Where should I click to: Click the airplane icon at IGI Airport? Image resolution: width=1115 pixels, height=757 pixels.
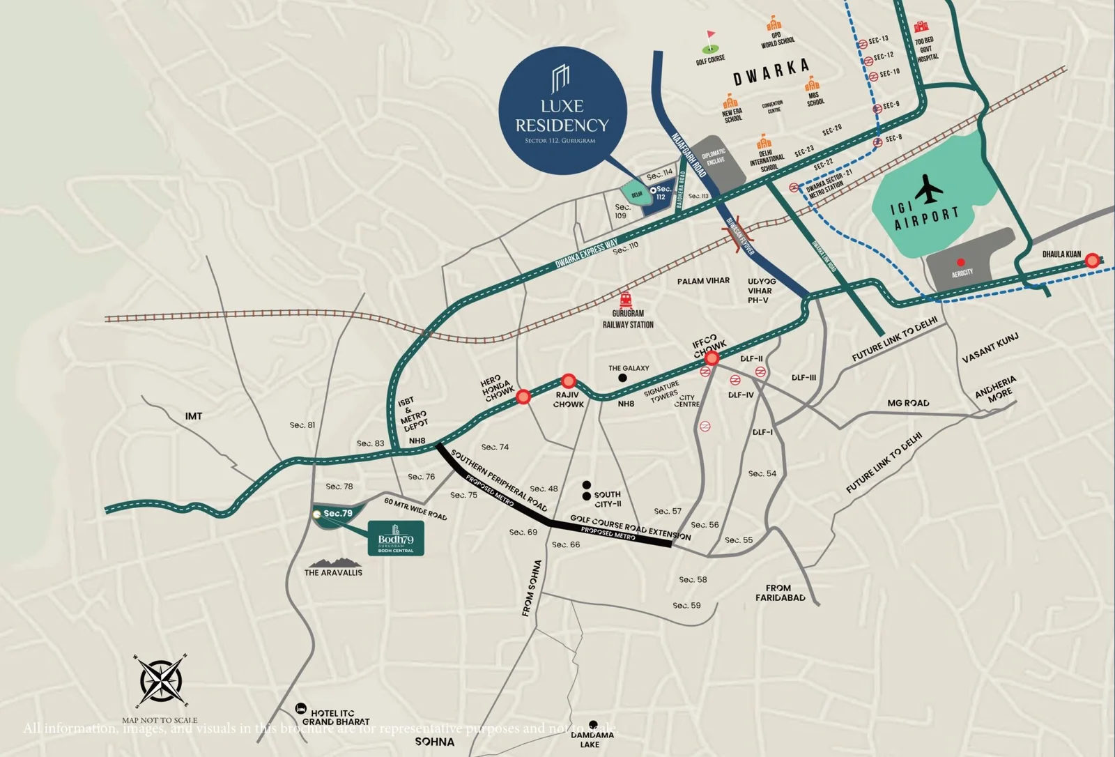click(x=929, y=189)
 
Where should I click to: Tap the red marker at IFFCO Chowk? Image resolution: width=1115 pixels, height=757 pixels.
click(x=712, y=358)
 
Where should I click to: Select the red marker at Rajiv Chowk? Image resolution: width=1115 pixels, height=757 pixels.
click(x=569, y=381)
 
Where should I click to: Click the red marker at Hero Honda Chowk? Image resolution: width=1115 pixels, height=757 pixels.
click(x=524, y=397)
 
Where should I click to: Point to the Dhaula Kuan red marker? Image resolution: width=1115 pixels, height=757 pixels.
click(x=1093, y=261)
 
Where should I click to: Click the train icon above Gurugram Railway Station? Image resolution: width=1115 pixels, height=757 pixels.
click(x=626, y=300)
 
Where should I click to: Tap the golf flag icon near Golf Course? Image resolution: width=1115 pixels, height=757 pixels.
click(x=710, y=41)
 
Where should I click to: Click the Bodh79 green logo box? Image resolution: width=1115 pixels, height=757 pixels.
click(x=395, y=538)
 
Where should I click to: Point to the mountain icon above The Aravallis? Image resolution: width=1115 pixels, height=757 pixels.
click(x=333, y=562)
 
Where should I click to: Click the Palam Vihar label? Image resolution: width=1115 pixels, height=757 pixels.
click(x=703, y=281)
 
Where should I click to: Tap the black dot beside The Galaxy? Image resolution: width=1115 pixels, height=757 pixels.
click(x=622, y=378)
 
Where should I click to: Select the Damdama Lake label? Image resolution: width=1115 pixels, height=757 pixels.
click(x=592, y=740)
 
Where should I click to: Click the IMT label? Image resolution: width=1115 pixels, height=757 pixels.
click(x=194, y=416)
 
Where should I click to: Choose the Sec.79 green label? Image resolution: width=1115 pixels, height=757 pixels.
click(x=337, y=514)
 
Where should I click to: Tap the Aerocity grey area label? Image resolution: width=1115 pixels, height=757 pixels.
click(x=962, y=273)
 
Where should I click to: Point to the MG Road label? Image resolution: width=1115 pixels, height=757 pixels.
click(x=907, y=403)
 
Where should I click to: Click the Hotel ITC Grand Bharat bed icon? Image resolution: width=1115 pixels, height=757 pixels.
click(x=300, y=708)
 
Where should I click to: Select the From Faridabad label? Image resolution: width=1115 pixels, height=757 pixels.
click(x=780, y=592)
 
